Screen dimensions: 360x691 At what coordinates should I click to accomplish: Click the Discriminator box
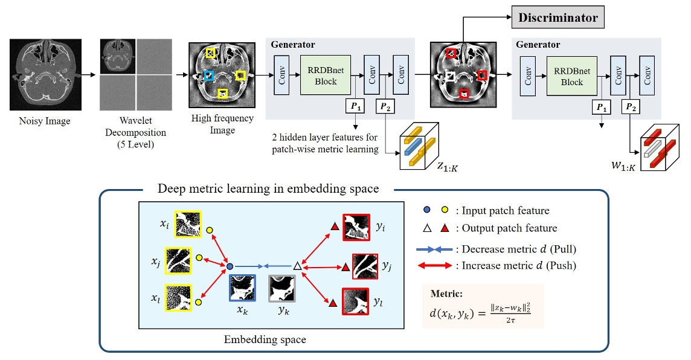click(558, 18)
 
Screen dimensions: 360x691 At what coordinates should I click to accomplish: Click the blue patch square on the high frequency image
click(208, 76)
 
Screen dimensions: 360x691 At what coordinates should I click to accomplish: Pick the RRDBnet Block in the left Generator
click(326, 76)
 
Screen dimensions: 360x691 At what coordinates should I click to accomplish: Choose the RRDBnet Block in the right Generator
click(571, 76)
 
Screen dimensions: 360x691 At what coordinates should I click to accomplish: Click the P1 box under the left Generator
click(355, 107)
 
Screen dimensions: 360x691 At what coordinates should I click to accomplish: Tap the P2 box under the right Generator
click(631, 107)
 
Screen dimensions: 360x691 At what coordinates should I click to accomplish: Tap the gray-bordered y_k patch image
click(282, 288)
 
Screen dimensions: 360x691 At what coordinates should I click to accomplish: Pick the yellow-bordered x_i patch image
click(188, 225)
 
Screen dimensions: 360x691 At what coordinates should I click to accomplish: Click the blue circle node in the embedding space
click(230, 265)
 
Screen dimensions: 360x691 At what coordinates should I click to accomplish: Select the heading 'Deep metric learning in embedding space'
click(268, 189)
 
